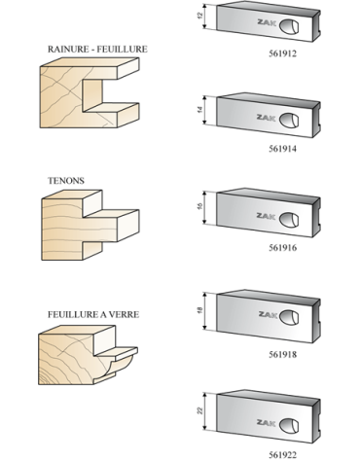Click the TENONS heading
tap(62, 180)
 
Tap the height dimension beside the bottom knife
tap(199, 411)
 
